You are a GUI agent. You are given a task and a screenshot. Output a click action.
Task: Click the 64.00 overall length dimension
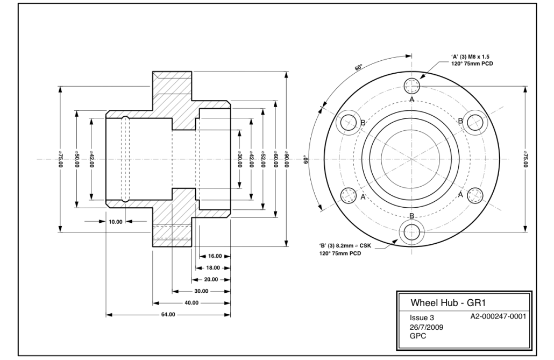click(168, 314)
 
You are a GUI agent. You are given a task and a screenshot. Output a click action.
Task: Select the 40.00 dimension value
click(191, 302)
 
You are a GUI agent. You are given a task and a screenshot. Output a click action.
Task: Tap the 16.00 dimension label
click(214, 256)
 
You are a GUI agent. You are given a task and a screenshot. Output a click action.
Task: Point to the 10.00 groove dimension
click(116, 221)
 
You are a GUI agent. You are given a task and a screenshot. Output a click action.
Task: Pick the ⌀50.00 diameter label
click(76, 160)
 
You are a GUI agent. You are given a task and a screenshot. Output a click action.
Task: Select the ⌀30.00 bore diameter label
click(239, 160)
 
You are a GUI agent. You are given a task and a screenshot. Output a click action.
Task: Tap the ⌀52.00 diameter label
click(263, 160)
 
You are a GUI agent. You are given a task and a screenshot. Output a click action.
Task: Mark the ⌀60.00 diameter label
click(275, 160)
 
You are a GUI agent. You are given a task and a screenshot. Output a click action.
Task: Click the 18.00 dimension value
click(214, 267)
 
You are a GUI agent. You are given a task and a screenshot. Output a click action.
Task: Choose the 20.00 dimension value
click(211, 279)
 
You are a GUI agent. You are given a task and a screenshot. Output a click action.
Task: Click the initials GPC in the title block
click(418, 336)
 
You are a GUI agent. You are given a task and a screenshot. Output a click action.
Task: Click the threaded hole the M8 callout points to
click(413, 85)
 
